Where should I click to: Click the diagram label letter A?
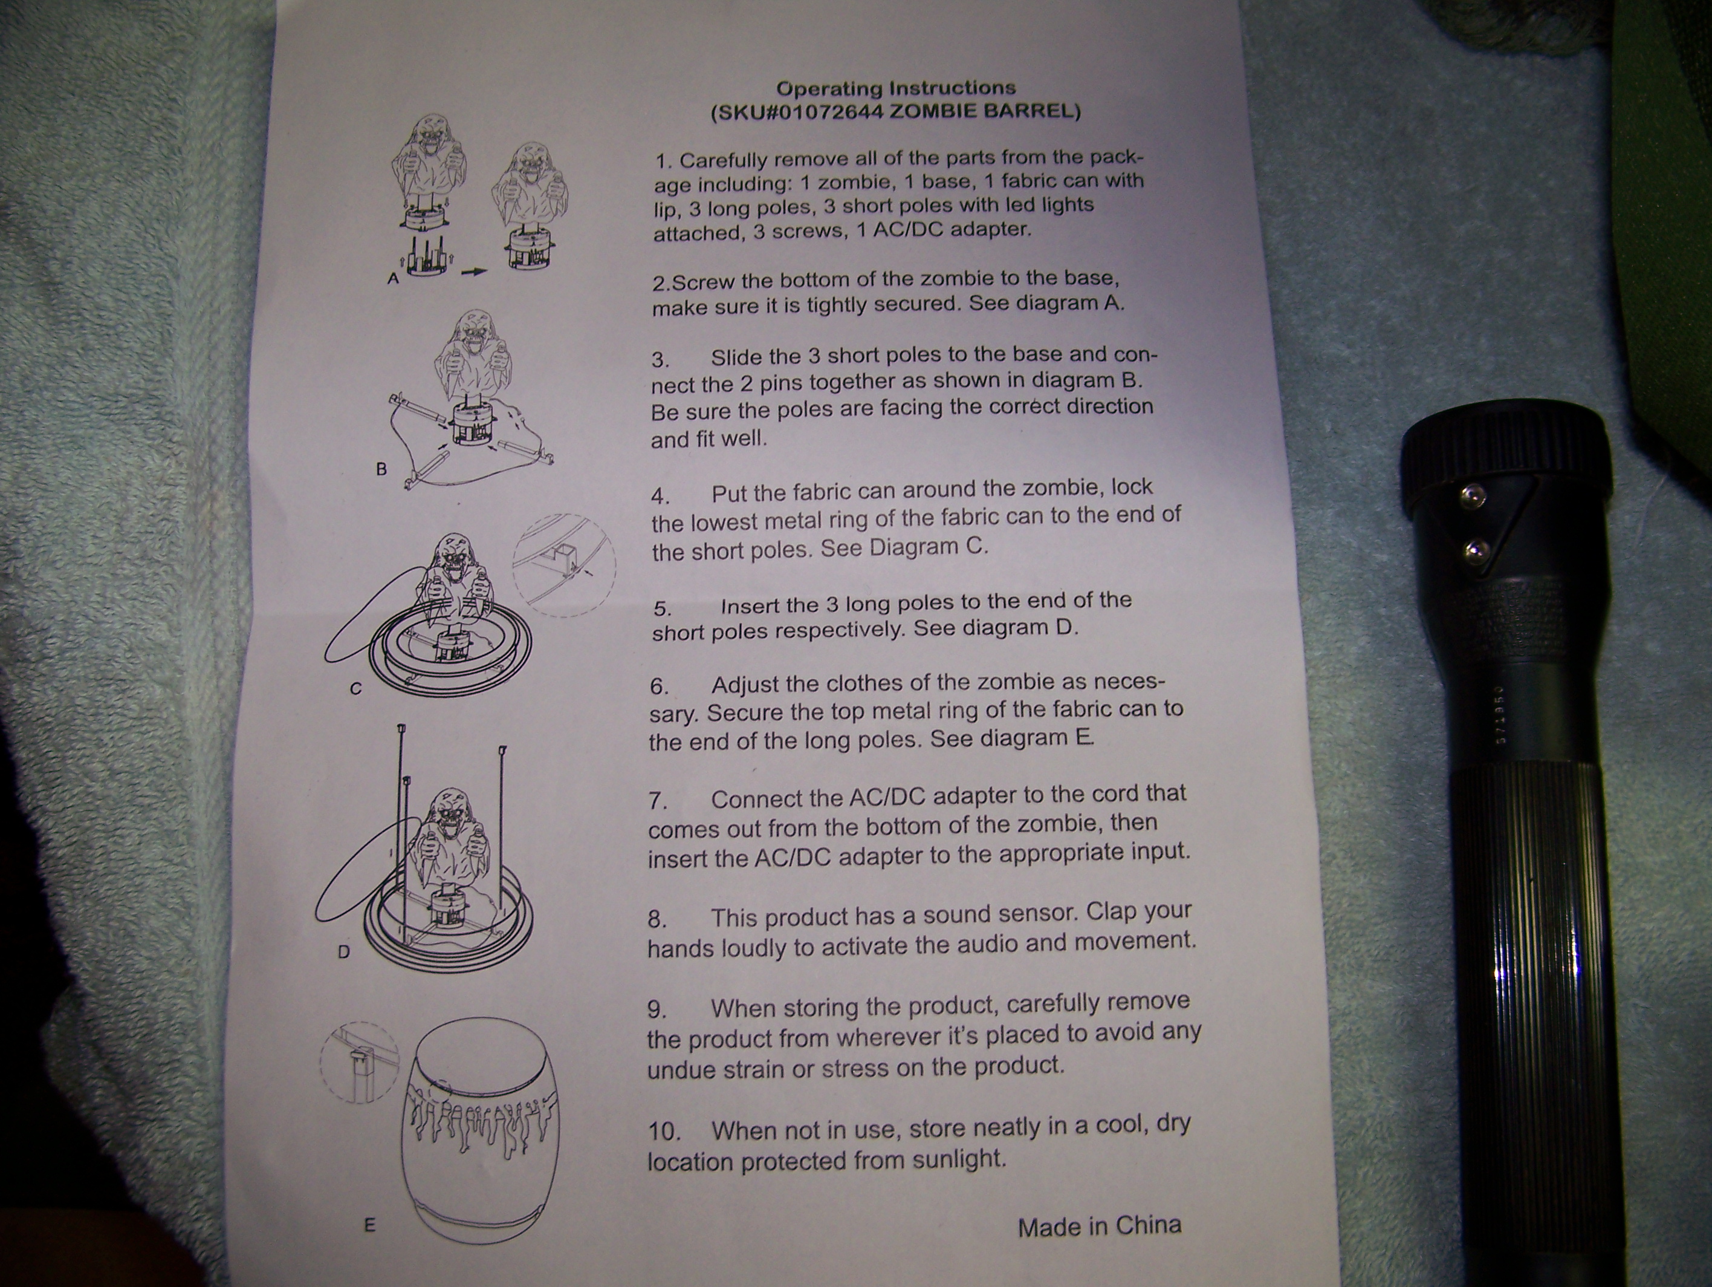click(393, 279)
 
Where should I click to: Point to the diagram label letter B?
click(381, 469)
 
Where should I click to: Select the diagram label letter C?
click(356, 688)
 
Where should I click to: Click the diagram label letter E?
click(369, 1225)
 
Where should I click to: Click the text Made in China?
click(1099, 1227)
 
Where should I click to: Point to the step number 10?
click(664, 1132)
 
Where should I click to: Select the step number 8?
click(657, 919)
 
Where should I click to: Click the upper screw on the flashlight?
click(1474, 495)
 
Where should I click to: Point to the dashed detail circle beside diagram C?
click(564, 515)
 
